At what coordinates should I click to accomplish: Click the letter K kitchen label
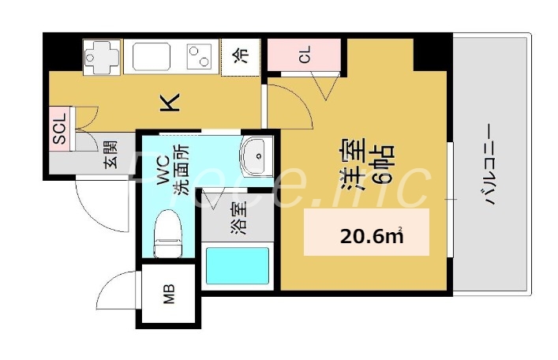click(x=171, y=101)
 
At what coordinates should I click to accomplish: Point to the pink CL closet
click(x=304, y=54)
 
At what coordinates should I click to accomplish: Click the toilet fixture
click(x=168, y=232)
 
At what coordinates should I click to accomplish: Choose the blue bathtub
click(x=236, y=265)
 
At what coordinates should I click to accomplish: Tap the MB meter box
click(x=169, y=296)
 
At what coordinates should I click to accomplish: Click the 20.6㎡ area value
click(x=369, y=234)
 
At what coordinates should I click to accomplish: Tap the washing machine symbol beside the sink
click(x=100, y=55)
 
